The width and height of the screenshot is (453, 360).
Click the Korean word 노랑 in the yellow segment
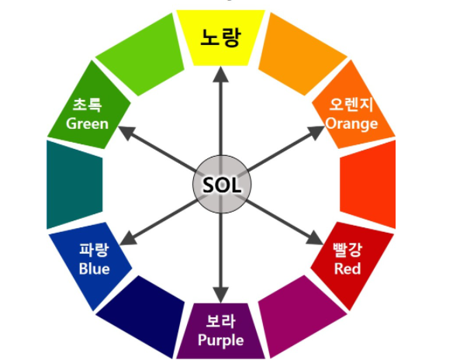pyautogui.click(x=220, y=37)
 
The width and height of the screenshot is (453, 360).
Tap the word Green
pyautogui.click(x=87, y=123)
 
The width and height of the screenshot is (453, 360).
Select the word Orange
pyautogui.click(x=351, y=124)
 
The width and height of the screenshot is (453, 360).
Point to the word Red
pyautogui.click(x=348, y=268)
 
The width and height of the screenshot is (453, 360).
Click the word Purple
pyautogui.click(x=221, y=341)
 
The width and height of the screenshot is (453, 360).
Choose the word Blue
pyautogui.click(x=94, y=268)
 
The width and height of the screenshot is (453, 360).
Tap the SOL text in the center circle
pyautogui.click(x=222, y=185)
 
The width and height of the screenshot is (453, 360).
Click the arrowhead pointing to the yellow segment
pyautogui.click(x=221, y=74)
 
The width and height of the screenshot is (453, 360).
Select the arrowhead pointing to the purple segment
pyautogui.click(x=221, y=295)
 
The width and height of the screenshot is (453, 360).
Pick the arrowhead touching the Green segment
pyautogui.click(x=126, y=132)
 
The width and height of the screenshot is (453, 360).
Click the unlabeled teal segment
pyautogui.click(x=74, y=185)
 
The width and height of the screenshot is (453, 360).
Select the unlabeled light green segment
pyautogui.click(x=140, y=54)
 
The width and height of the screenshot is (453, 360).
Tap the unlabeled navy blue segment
pyautogui.click(x=140, y=317)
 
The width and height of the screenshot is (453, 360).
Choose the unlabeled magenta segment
pyautogui.click(x=303, y=317)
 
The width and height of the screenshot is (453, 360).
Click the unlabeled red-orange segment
pyautogui.click(x=368, y=185)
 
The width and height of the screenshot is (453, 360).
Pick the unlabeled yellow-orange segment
pyautogui.click(x=303, y=54)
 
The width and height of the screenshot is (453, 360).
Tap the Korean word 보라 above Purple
pyautogui.click(x=221, y=321)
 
